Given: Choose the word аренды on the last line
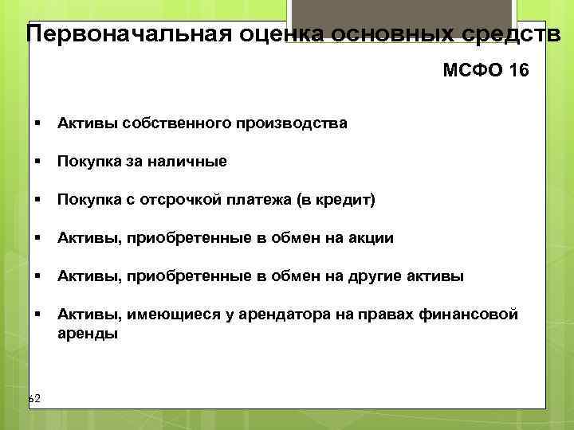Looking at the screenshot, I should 87,334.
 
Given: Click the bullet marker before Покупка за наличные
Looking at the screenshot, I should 37,162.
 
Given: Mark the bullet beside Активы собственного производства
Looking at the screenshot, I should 37,123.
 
